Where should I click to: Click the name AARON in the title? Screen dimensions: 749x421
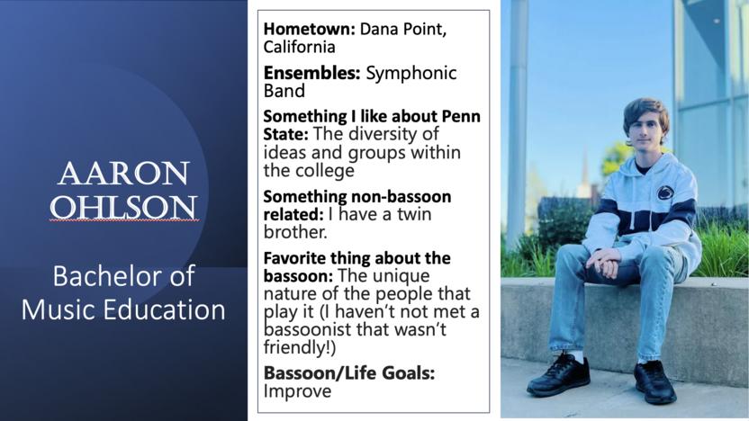click(123, 174)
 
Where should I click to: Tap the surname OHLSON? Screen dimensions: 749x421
click(123, 207)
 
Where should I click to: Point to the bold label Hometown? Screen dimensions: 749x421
click(310, 29)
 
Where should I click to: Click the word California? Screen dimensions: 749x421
click(300, 47)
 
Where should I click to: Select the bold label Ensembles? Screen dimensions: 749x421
click(311, 73)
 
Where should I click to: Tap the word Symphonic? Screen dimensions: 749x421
click(411, 74)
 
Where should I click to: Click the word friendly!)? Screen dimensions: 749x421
click(300, 347)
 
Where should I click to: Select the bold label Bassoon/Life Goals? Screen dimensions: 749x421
click(349, 373)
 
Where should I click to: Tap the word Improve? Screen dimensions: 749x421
click(298, 391)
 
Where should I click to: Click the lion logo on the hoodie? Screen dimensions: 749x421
click(665, 193)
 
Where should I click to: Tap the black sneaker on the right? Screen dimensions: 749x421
click(654, 381)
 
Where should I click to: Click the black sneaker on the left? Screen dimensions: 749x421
click(558, 374)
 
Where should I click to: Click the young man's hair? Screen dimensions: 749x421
click(646, 112)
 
